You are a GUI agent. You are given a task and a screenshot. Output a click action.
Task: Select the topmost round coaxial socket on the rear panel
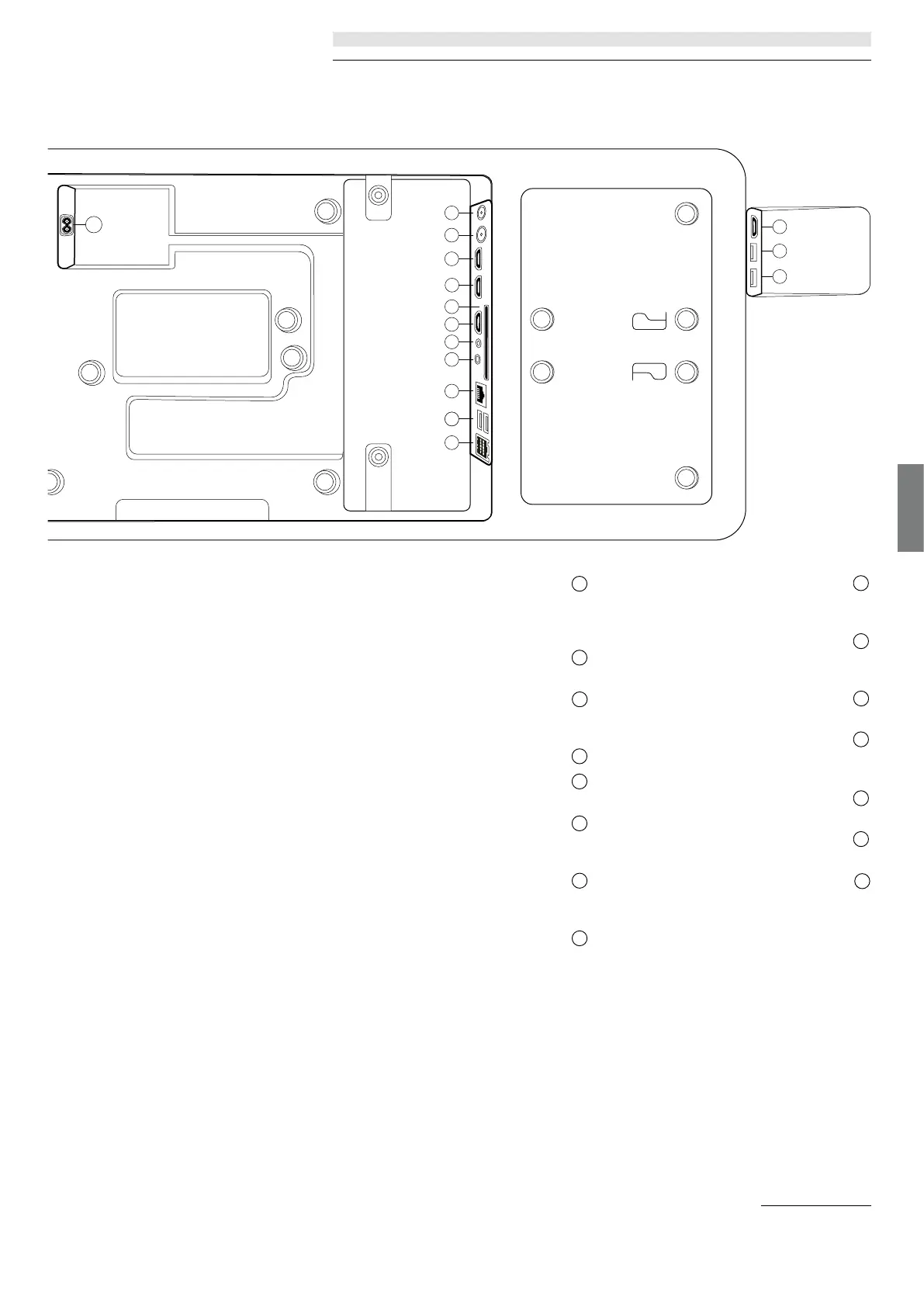pos(481,212)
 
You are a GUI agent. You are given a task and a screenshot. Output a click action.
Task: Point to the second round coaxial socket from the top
pos(481,234)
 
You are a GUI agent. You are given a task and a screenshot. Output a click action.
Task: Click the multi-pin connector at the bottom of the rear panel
pos(481,448)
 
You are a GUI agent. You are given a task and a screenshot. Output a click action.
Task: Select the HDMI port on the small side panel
pos(754,227)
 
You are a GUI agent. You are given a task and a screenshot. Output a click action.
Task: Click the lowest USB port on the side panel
pos(754,276)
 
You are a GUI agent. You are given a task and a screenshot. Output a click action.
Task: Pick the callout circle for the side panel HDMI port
pos(780,226)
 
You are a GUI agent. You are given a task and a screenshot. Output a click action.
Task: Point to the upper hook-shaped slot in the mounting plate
pos(649,321)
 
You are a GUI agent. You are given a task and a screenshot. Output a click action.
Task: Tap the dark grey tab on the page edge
pos(911,508)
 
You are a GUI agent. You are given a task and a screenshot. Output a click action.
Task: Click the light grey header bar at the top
pos(601,39)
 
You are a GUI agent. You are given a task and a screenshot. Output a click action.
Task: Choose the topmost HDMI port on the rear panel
pos(480,258)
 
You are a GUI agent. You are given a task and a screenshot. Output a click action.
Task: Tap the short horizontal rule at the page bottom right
pos(816,1206)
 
